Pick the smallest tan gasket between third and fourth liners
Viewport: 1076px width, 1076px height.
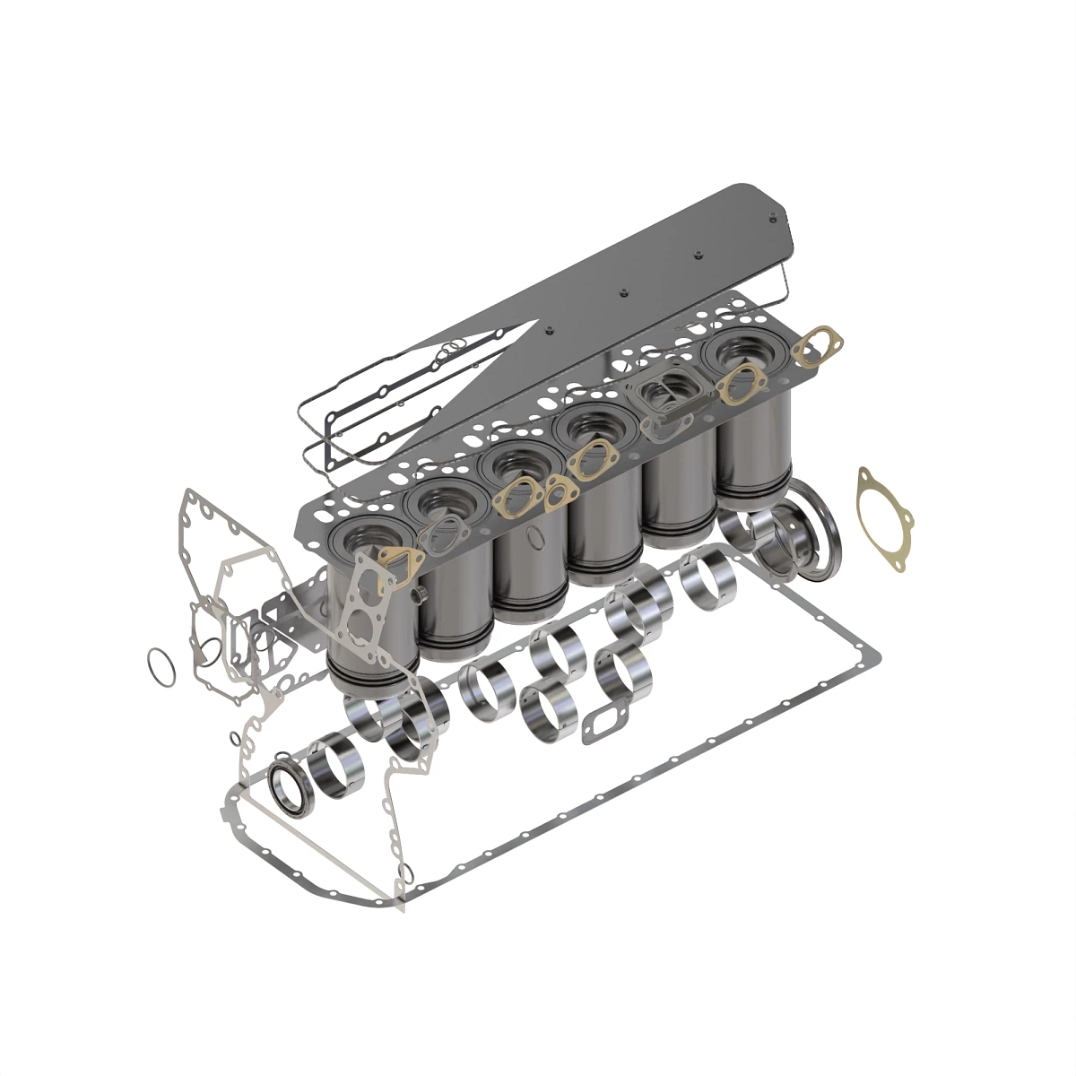(x=561, y=490)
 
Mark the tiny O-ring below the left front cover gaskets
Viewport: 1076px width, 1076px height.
(x=235, y=739)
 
